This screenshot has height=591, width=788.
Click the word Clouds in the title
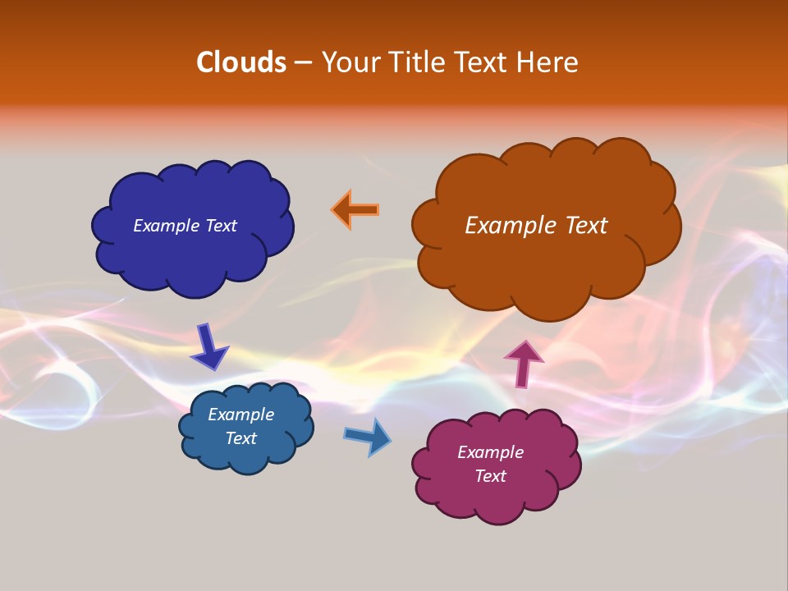coord(241,62)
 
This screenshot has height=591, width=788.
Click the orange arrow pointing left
coord(355,209)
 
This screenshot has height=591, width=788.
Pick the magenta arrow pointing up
coord(523,363)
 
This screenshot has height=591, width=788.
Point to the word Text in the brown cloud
coord(586,225)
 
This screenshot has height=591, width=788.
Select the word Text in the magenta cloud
coord(490,476)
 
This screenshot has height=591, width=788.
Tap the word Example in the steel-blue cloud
coord(241,415)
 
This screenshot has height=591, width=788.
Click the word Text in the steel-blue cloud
coord(241,438)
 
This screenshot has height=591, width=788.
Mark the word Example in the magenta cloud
coord(490,452)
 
